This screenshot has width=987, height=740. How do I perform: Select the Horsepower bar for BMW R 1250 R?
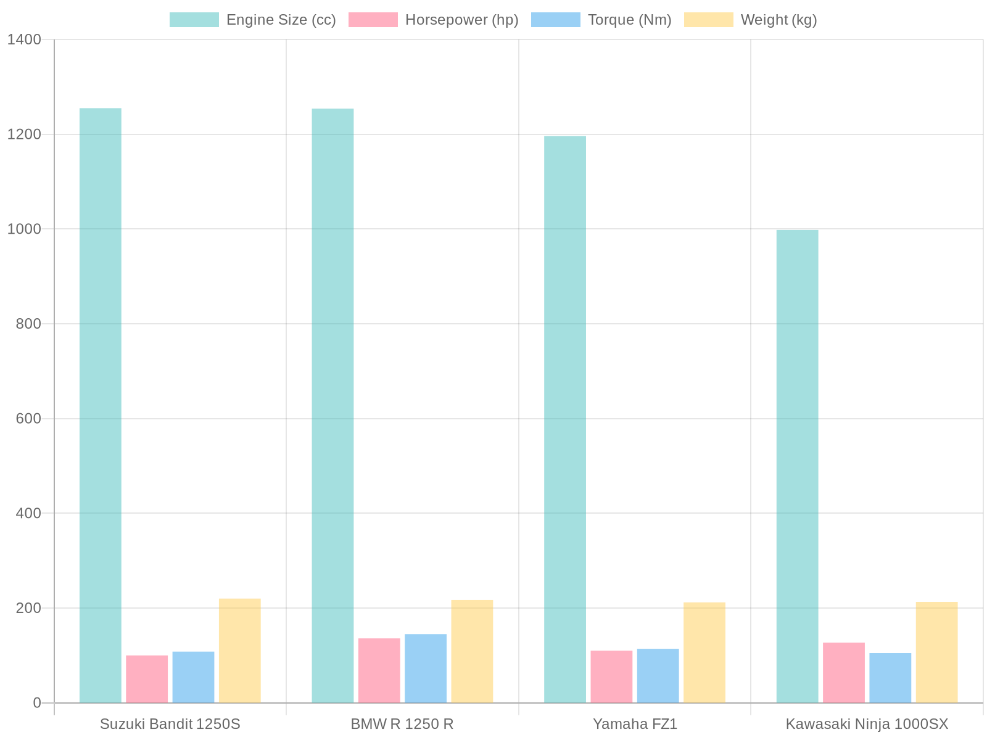(379, 670)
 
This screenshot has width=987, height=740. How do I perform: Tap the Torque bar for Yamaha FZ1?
(658, 675)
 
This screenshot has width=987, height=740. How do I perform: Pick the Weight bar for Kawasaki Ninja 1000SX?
(936, 652)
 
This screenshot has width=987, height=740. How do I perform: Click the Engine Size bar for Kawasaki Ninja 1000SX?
(797, 466)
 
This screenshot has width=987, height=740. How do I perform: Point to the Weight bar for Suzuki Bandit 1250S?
(239, 650)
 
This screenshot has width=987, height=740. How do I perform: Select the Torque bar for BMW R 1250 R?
(426, 668)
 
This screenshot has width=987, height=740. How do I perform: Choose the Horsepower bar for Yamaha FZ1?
(611, 676)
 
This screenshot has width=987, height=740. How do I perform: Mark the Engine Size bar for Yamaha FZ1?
(564, 419)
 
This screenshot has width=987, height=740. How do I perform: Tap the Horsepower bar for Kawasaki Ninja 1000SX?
(843, 672)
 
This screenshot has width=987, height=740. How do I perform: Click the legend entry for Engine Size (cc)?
(253, 20)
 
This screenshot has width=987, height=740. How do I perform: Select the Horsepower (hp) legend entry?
(434, 20)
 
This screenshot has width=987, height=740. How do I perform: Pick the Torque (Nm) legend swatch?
(555, 20)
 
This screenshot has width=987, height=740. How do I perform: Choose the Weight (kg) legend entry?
(751, 20)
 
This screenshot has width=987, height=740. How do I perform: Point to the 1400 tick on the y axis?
(24, 39)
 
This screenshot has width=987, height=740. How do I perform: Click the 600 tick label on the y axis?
(28, 419)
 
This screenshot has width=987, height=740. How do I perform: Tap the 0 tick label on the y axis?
(36, 703)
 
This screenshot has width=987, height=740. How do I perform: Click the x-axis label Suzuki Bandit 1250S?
(170, 724)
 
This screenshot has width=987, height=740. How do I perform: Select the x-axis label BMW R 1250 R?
(402, 724)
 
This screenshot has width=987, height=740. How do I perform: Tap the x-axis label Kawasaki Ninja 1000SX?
(867, 724)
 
